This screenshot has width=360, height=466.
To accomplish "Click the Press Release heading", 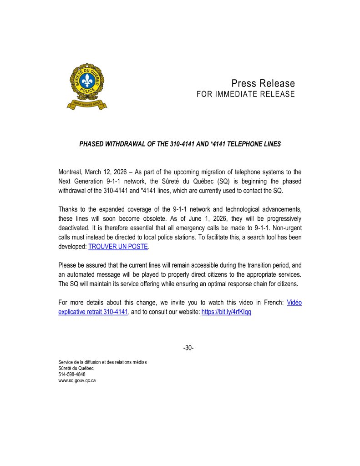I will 263,83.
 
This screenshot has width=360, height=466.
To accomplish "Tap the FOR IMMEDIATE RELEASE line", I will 245,94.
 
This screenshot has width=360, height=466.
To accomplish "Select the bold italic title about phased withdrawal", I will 180,144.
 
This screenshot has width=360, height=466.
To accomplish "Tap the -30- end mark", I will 188,348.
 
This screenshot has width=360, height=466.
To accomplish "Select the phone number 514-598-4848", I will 72,375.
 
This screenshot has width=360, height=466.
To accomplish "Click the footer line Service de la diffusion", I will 102,362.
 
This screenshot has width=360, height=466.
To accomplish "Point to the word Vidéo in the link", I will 294,303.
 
